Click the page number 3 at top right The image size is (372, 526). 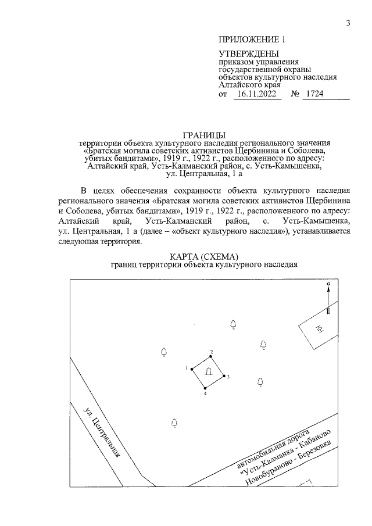[x=347, y=23]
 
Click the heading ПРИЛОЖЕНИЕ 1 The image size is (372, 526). [x=252, y=41]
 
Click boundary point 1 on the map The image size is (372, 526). [x=192, y=368]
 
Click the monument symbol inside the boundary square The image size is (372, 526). [x=208, y=372]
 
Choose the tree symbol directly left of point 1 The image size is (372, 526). [x=164, y=351]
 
